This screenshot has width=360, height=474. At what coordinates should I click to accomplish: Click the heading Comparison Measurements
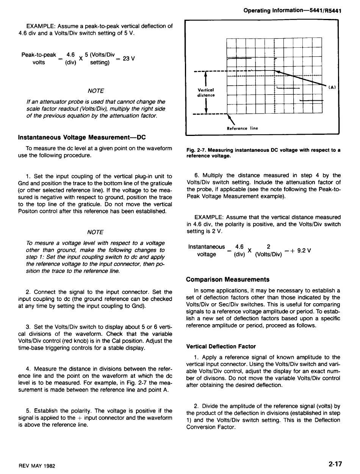[x=228, y=279]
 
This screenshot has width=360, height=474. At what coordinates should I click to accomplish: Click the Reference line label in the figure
[x=242, y=128]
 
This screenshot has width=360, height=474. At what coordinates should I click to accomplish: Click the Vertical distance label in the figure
[x=207, y=93]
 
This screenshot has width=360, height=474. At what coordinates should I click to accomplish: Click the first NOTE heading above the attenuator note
[x=95, y=91]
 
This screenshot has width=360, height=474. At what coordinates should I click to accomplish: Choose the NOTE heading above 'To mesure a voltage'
[x=95, y=232]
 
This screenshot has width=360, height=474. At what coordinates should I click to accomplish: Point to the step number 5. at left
[x=28, y=411]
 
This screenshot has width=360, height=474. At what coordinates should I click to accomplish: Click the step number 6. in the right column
[x=196, y=175]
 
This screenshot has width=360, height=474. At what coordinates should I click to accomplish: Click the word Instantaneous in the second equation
[x=206, y=247]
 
